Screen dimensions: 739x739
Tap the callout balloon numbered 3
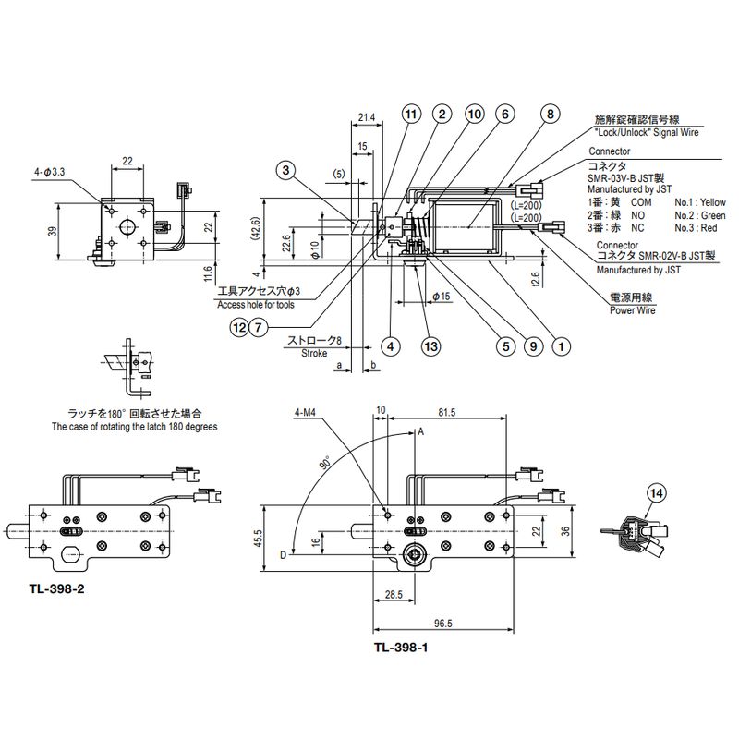pos(286,170)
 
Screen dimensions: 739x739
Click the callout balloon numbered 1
pos(560,346)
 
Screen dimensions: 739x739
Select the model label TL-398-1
pos(401,648)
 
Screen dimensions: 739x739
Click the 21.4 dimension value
pos(367,117)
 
